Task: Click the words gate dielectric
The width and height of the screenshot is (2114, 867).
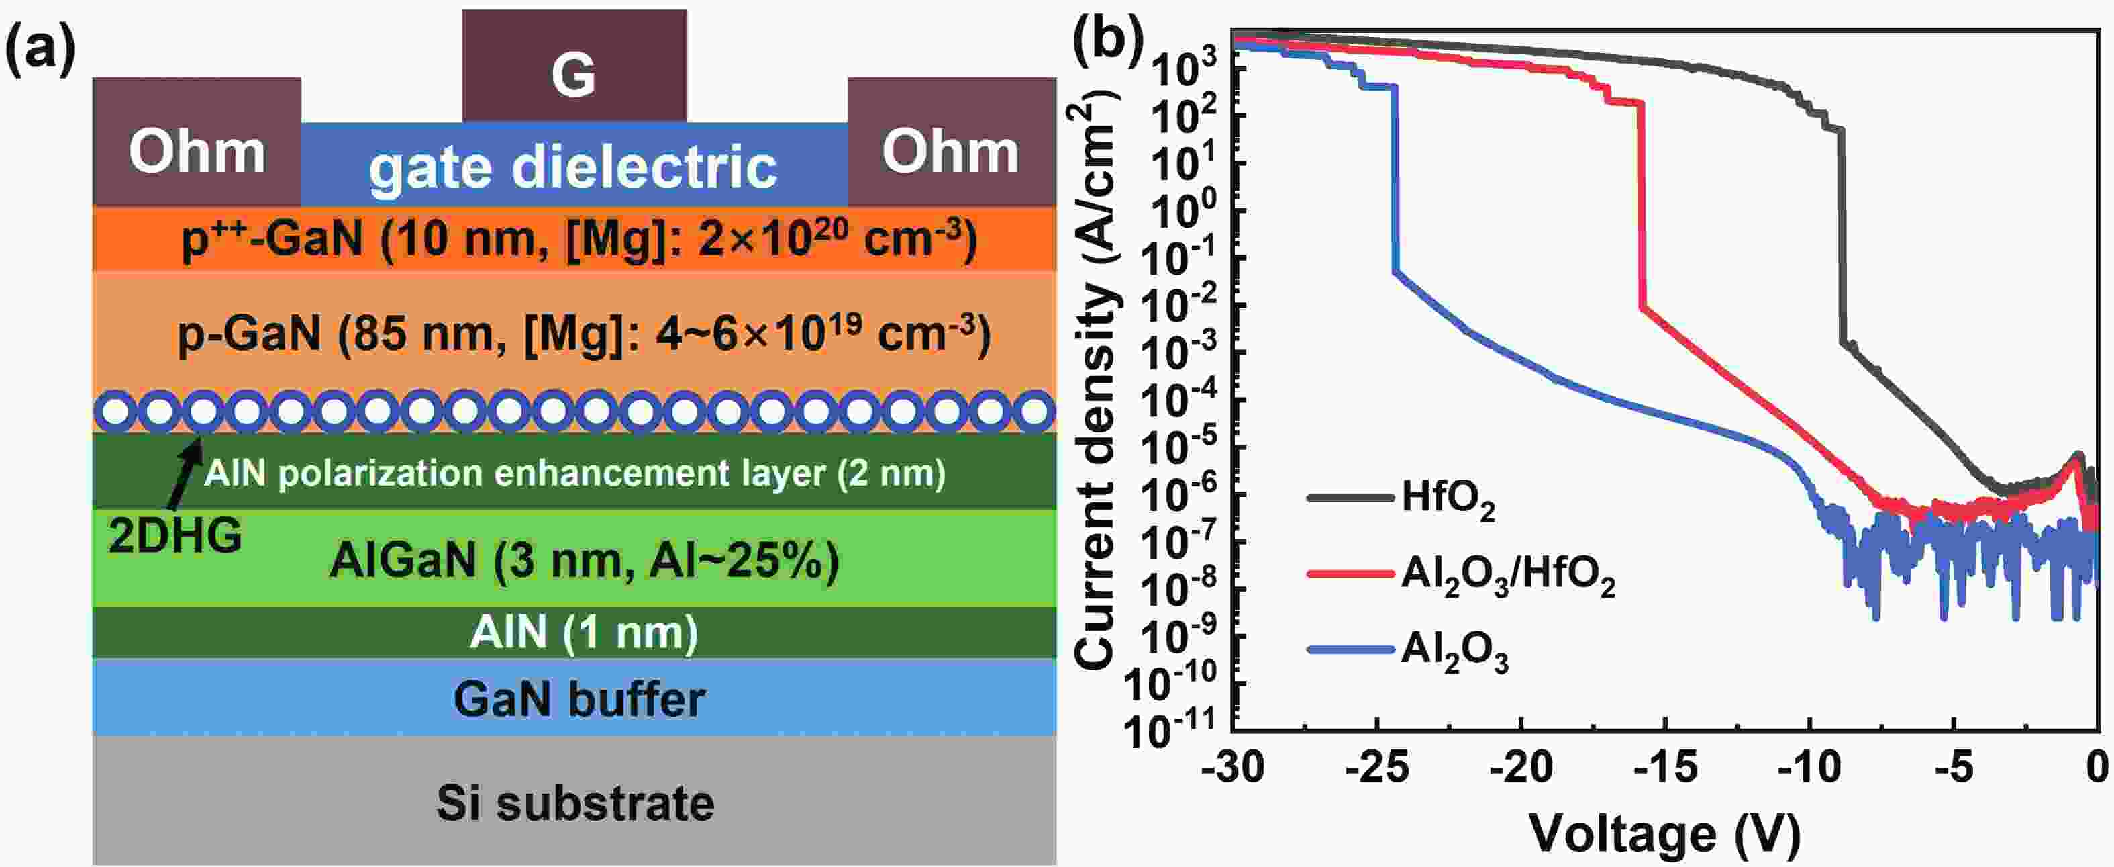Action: click(x=573, y=167)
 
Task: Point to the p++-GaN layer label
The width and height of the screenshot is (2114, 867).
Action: click(x=578, y=239)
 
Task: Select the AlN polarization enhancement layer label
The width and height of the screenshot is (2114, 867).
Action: click(x=574, y=473)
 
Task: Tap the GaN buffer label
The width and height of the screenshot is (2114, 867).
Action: click(x=579, y=700)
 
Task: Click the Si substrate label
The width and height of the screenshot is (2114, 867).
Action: click(x=574, y=803)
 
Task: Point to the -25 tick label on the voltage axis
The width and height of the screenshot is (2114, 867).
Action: click(x=1378, y=768)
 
